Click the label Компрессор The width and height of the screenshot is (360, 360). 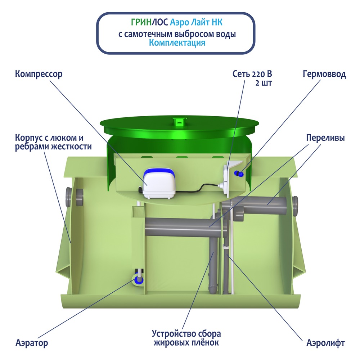39,75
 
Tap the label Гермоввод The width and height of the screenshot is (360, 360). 324,75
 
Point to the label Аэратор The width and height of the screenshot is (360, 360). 32,343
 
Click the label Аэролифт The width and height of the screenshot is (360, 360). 325,343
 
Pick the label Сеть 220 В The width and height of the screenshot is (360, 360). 252,75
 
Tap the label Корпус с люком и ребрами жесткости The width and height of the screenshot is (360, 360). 53,142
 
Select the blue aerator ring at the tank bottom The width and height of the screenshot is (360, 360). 139,279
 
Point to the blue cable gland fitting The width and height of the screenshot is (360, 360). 238,174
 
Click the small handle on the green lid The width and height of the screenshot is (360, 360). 178,122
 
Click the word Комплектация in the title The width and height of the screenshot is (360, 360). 177,43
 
